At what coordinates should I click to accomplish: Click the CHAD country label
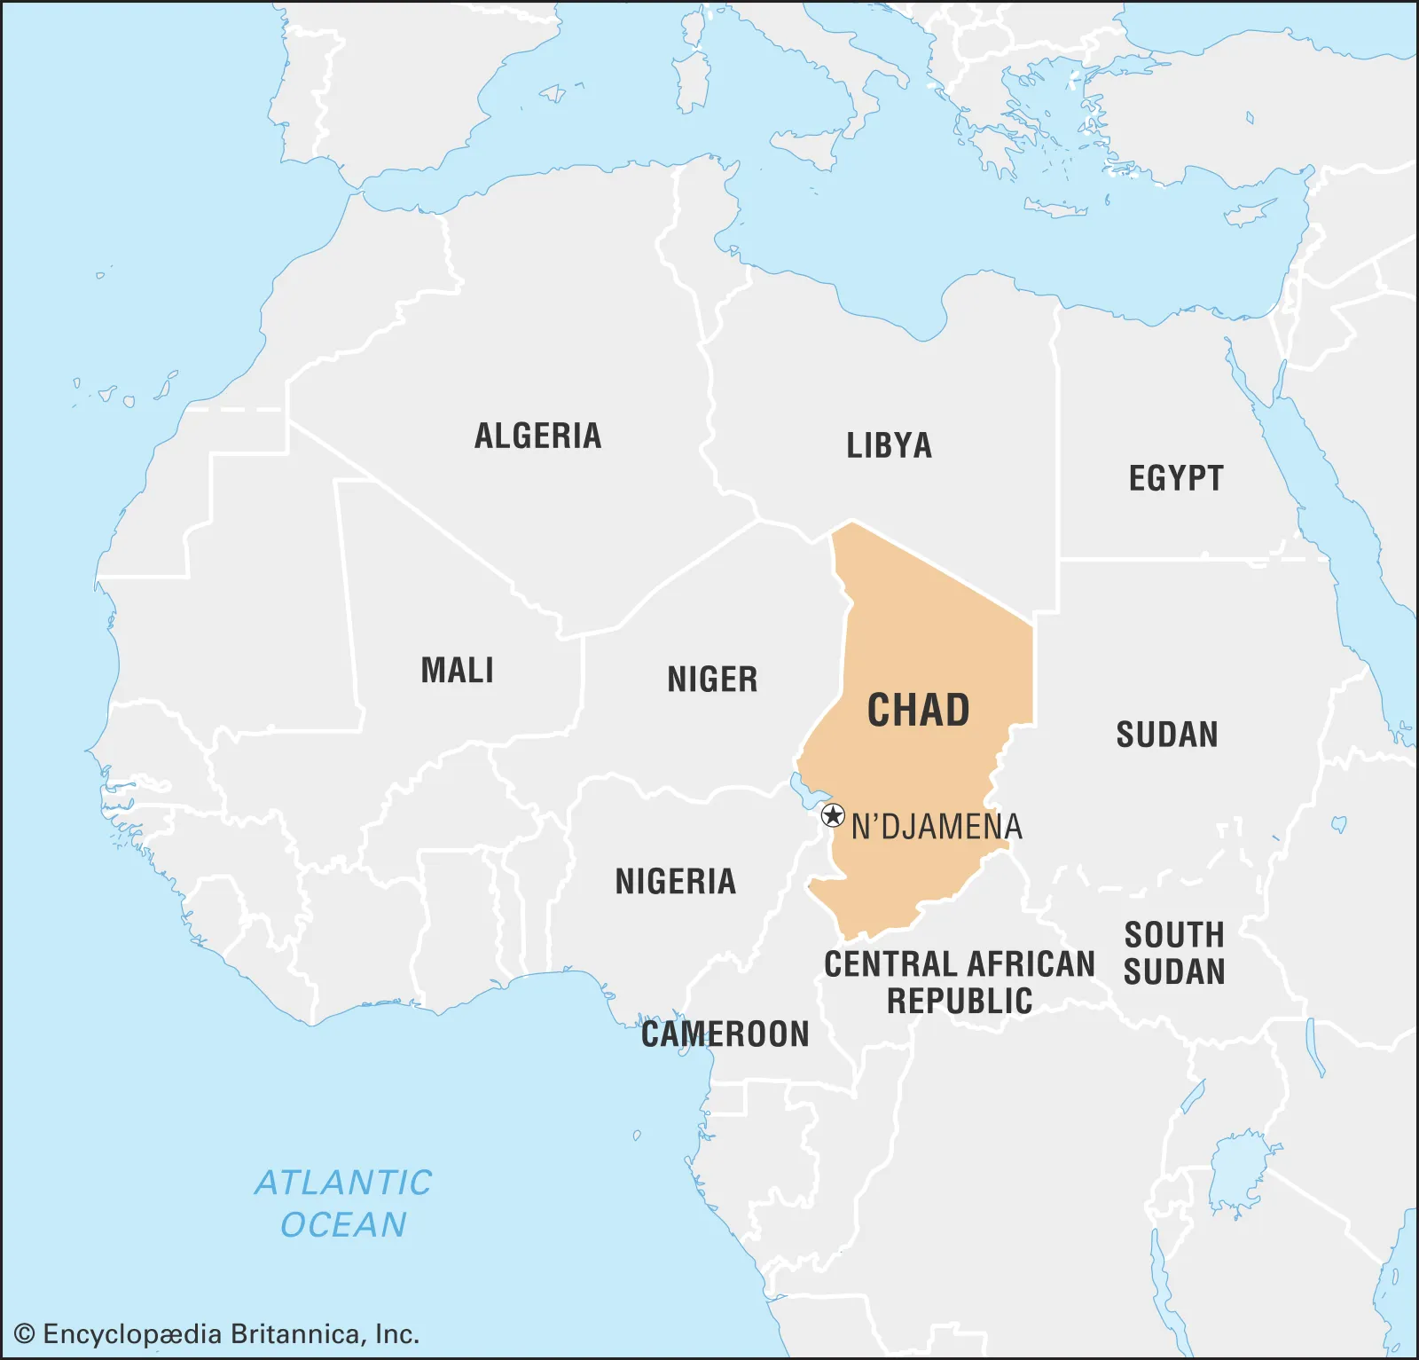918,710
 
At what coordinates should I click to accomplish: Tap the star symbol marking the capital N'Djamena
833,815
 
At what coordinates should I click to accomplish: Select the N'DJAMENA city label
937,827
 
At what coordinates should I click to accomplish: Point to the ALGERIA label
537,436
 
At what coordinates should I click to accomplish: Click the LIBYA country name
889,445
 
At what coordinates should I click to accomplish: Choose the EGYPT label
1176,478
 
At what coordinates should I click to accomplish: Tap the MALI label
457,670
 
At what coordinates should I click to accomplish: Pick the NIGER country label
712,680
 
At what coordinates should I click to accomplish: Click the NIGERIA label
676,882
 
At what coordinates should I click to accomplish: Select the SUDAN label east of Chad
1167,735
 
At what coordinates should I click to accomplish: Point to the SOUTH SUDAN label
1174,954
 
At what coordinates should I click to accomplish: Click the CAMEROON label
725,1034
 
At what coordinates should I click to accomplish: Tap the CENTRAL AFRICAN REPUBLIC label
960,982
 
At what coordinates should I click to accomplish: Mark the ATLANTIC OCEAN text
343,1204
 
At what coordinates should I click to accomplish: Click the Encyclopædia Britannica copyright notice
217,1334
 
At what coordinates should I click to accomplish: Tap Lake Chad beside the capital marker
804,789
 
